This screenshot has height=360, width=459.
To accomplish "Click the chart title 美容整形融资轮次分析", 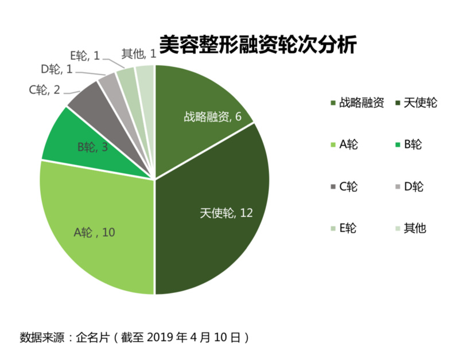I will pos(258,45).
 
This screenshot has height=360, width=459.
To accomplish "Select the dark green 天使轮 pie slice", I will pos(224,229).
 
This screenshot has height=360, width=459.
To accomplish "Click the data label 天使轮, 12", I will pos(226,213).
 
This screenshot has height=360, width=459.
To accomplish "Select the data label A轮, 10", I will pos(95,233).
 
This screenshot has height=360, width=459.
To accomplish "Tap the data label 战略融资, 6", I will pos(211,116).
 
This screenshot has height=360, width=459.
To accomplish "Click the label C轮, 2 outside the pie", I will pos(45,89).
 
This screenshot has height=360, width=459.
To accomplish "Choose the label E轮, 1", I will pos(85,56).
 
